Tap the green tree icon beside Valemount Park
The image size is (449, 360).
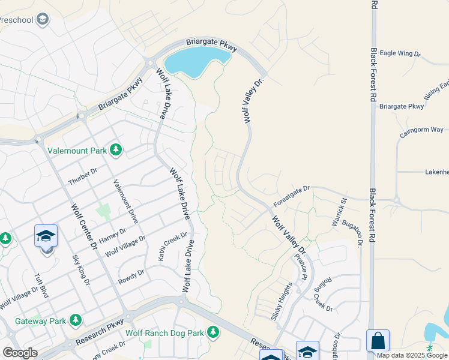(x=115, y=150)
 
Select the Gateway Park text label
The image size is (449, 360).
(x=41, y=321)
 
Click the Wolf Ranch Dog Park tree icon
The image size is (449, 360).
(x=212, y=332)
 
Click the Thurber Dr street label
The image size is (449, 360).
(x=83, y=177)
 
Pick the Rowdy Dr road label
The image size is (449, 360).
(x=132, y=274)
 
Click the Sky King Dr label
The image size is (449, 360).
(x=81, y=269)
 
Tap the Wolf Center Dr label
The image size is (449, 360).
(x=84, y=226)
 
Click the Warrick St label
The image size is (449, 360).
(x=340, y=212)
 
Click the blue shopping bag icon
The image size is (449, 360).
(x=378, y=341)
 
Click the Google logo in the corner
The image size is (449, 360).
(x=20, y=353)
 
